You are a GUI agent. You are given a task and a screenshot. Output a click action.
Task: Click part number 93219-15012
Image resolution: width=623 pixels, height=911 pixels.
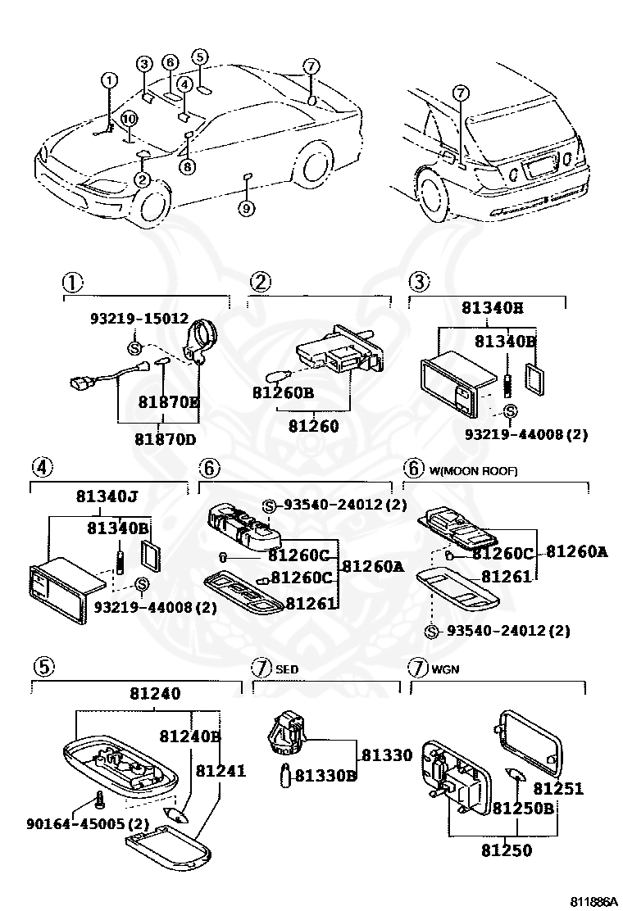click(x=139, y=318)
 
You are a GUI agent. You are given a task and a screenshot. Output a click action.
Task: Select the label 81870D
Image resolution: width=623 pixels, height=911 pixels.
click(x=166, y=438)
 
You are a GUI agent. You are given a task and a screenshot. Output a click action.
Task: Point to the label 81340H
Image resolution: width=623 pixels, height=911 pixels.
click(x=492, y=309)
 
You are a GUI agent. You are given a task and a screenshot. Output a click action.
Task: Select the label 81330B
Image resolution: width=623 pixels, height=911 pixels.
click(x=325, y=774)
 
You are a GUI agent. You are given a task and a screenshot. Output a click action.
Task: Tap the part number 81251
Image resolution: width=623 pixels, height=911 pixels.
click(x=558, y=788)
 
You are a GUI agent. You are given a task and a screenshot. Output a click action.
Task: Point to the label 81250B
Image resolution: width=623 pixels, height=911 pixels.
click(x=524, y=808)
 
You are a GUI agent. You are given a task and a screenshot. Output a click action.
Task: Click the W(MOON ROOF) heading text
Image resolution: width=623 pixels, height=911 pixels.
click(x=473, y=471)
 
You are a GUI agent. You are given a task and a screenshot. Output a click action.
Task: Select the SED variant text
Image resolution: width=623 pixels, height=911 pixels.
click(x=286, y=669)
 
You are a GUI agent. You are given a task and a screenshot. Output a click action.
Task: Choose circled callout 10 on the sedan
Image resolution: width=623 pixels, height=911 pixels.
click(x=129, y=119)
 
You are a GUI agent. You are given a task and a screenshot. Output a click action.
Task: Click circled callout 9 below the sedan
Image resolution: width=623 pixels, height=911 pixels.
click(x=247, y=209)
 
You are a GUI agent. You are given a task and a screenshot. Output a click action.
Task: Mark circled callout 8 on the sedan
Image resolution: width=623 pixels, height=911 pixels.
click(x=188, y=166)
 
